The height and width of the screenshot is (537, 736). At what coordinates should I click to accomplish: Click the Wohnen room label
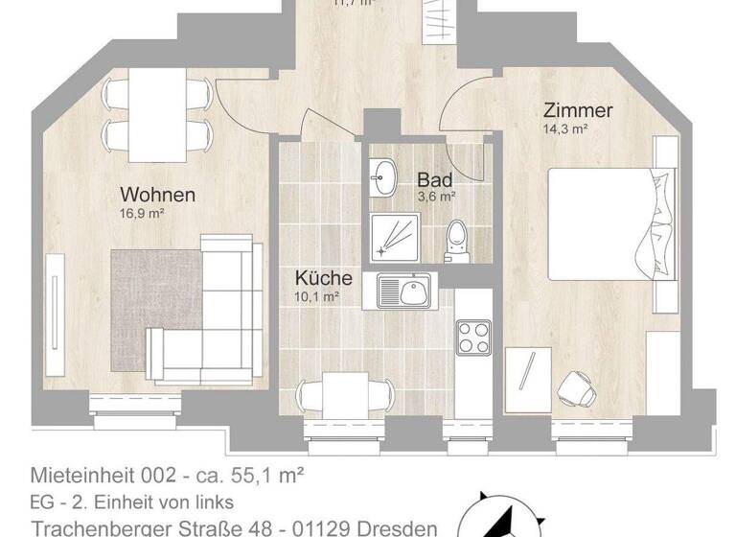pos(157,195)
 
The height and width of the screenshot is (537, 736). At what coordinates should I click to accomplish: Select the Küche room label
pos(323,279)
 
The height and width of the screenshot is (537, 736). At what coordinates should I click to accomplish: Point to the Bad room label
pos(434,179)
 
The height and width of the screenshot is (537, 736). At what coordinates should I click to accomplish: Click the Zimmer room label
pos(577,110)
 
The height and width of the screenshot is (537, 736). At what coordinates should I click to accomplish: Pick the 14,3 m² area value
pos(565,129)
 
